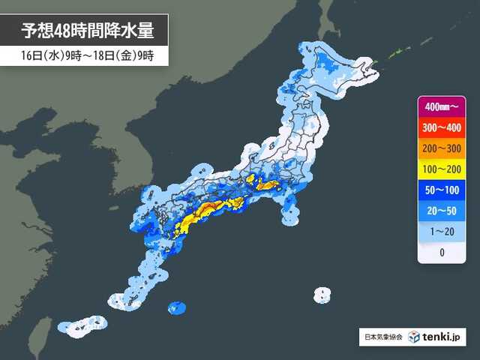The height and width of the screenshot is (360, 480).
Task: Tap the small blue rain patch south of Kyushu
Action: (178, 307)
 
